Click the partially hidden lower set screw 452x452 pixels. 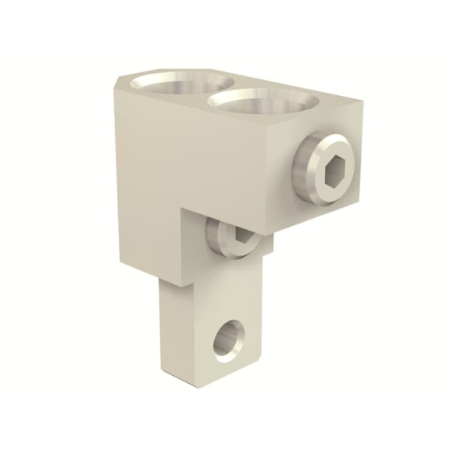pos(229,236)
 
